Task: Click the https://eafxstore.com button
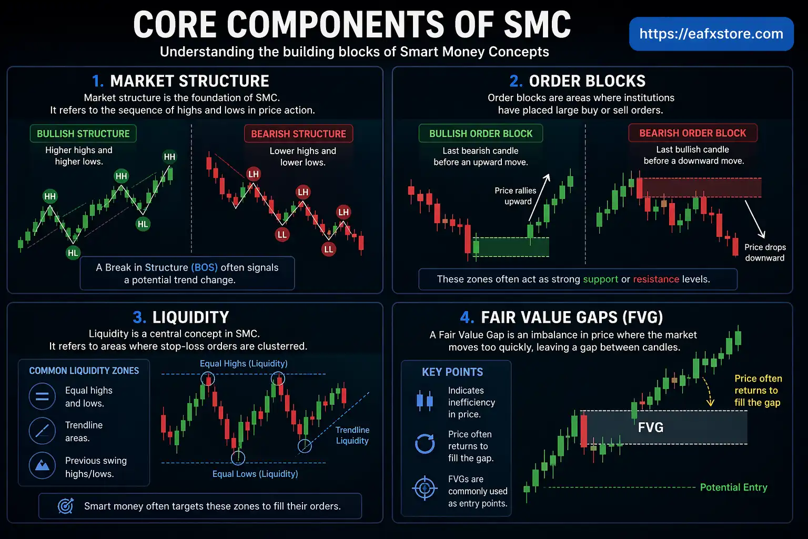pos(711,34)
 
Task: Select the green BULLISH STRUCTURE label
pos(83,134)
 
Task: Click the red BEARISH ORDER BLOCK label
pos(692,133)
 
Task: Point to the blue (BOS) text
pos(204,267)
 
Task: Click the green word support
pos(600,279)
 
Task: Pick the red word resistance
pos(655,279)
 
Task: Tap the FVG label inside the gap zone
pos(650,427)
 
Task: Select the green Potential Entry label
pos(733,487)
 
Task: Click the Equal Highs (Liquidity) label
pos(243,364)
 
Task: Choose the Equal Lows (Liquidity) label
pos(255,474)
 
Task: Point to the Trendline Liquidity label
pos(352,435)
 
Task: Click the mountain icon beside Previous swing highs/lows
pos(42,465)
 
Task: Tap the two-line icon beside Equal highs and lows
pos(42,396)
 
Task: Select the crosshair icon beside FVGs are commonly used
pos(425,488)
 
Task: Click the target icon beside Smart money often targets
pos(66,506)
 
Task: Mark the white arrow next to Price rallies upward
pos(539,197)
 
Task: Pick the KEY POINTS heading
pos(452,372)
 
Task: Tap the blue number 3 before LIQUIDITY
pos(139,317)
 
